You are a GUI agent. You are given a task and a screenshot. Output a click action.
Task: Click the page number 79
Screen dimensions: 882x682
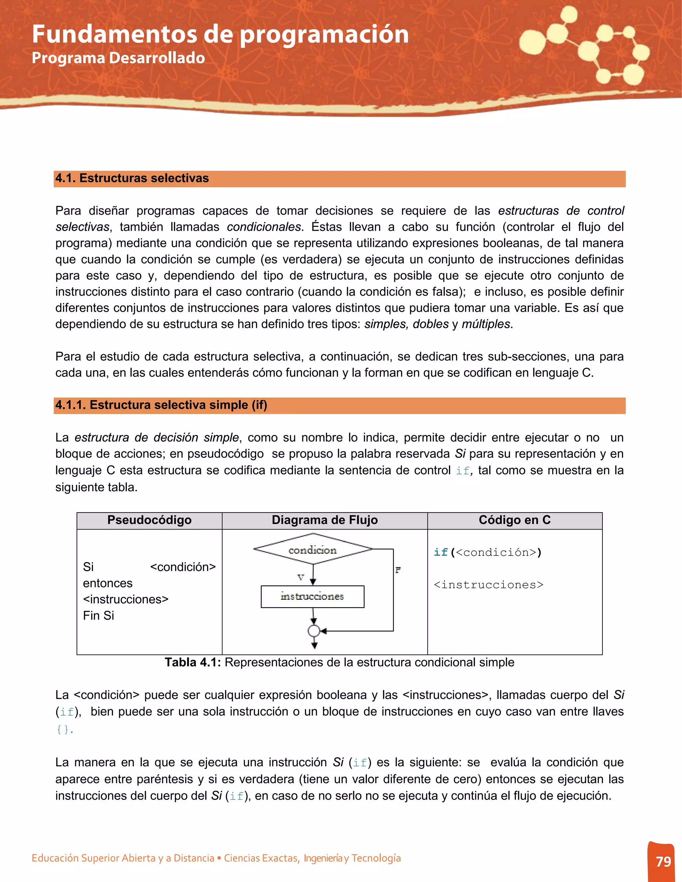click(x=663, y=861)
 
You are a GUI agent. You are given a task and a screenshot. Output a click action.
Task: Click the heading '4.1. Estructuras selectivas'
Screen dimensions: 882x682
click(x=132, y=178)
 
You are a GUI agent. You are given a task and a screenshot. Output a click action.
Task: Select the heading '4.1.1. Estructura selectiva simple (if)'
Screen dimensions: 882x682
click(x=161, y=405)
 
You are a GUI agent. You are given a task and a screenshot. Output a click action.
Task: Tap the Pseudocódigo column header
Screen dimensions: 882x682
click(x=149, y=520)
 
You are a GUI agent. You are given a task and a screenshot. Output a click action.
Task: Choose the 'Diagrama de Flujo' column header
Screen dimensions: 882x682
click(x=324, y=520)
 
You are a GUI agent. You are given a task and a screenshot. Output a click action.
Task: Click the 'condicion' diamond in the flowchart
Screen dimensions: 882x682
click(x=313, y=549)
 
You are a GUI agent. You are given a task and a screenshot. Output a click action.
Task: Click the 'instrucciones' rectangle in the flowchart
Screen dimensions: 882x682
click(x=312, y=596)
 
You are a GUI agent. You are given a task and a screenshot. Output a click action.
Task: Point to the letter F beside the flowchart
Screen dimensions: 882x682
click(x=398, y=570)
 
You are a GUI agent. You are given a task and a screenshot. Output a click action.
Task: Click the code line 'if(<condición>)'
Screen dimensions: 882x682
click(x=487, y=552)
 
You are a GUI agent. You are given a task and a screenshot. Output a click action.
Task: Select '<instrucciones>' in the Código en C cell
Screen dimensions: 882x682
click(x=488, y=584)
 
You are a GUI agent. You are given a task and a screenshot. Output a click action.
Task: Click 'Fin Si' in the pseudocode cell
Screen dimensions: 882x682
click(x=99, y=615)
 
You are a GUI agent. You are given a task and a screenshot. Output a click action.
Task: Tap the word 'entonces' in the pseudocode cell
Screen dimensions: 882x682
click(x=108, y=583)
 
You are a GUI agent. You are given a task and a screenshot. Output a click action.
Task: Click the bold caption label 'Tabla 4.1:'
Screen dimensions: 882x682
click(x=193, y=662)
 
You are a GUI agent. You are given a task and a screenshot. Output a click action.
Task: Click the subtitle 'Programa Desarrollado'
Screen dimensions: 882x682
click(x=118, y=58)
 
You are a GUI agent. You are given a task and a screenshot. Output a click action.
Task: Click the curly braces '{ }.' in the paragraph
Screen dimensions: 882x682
click(x=65, y=729)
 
